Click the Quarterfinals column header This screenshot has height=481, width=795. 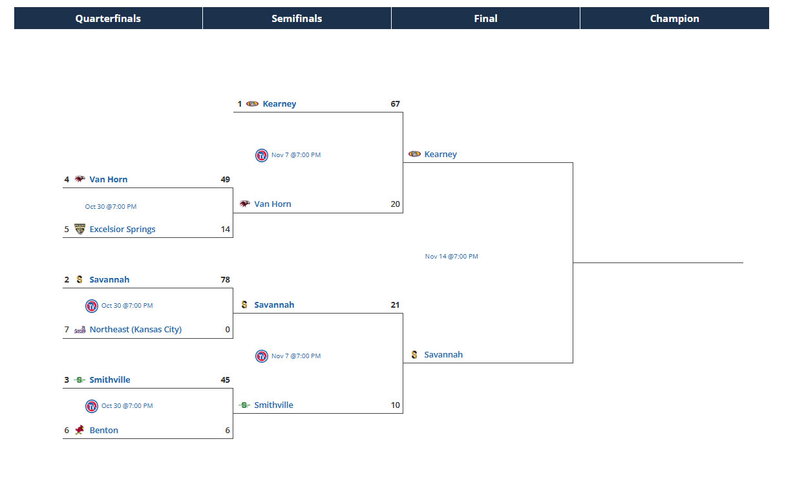pyautogui.click(x=108, y=19)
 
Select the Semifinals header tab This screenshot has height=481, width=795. pyautogui.click(x=297, y=19)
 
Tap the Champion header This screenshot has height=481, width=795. pyautogui.click(x=674, y=19)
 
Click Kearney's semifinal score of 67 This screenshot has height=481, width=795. pyautogui.click(x=395, y=104)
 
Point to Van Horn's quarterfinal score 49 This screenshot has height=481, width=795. pyautogui.click(x=225, y=180)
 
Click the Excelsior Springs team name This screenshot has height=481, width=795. pyautogui.click(x=122, y=230)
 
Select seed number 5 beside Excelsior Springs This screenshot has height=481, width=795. pyautogui.click(x=67, y=230)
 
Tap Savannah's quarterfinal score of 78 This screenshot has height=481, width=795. pyautogui.click(x=225, y=280)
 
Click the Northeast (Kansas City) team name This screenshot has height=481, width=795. pyautogui.click(x=135, y=330)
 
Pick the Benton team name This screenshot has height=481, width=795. pyautogui.click(x=103, y=431)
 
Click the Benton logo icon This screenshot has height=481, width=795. pyautogui.click(x=79, y=430)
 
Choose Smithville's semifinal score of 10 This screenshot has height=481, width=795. pyautogui.click(x=395, y=405)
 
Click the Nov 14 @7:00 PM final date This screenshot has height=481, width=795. pyautogui.click(x=451, y=257)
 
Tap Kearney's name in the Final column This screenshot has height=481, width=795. pyautogui.click(x=440, y=155)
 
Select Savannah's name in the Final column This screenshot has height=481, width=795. pyautogui.click(x=443, y=355)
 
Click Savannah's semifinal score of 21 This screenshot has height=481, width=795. pyautogui.click(x=395, y=305)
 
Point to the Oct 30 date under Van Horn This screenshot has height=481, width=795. pyautogui.click(x=111, y=207)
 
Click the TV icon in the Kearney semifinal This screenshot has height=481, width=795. pyautogui.click(x=261, y=155)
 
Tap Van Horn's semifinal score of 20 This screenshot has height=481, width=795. pyautogui.click(x=395, y=204)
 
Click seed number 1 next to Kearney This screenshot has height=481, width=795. pyautogui.click(x=239, y=104)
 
